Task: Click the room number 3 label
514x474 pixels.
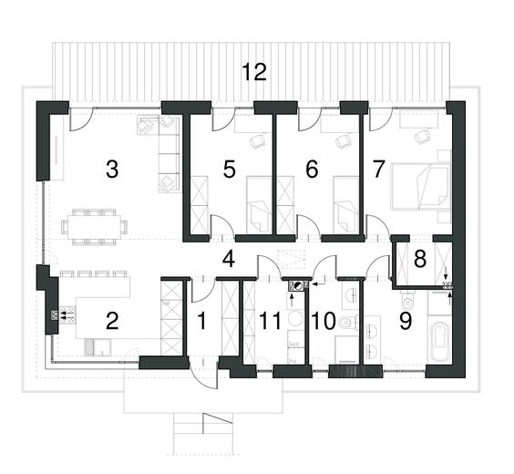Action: tap(112, 169)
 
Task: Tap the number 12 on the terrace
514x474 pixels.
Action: tap(254, 73)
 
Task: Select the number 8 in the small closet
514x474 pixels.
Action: tap(420, 259)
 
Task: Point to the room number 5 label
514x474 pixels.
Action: tap(230, 169)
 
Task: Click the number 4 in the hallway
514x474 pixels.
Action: tap(229, 260)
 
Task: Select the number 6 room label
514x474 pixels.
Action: tap(312, 169)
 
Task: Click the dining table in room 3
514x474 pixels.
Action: tap(94, 224)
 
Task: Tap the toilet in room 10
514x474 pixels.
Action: tap(347, 322)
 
